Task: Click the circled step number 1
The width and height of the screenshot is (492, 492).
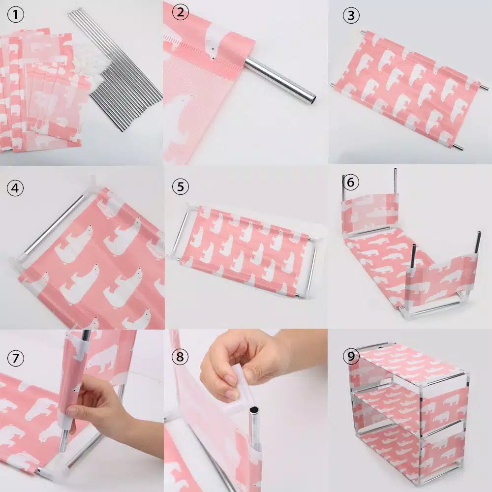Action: pos(15,14)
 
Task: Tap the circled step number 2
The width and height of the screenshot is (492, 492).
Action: pos(180,12)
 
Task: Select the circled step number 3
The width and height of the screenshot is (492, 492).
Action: pos(351,15)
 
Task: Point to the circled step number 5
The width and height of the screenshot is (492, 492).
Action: pos(181,186)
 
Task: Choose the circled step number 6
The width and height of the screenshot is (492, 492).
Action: pos(351,182)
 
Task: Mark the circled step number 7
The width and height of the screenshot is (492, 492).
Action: pos(15,358)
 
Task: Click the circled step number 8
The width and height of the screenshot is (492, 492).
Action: pos(180,356)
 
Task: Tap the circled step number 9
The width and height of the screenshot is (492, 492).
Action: pos(351,356)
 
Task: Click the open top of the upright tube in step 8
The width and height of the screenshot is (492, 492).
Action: pos(254,410)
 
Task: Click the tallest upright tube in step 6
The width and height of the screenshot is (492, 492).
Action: pos(395,182)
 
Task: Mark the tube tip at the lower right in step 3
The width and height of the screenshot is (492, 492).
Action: pos(459,148)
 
